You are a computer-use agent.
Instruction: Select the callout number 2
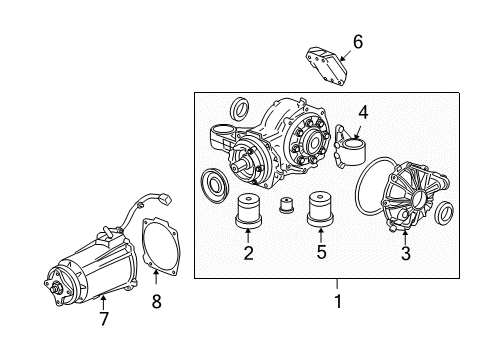(247, 253)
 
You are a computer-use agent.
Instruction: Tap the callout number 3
(404, 253)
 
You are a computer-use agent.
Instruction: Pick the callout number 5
(321, 253)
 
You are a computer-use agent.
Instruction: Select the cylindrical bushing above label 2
(246, 214)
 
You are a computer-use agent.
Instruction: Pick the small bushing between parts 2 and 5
(285, 207)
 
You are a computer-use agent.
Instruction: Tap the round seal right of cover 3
(446, 212)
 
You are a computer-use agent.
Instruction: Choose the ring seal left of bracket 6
(240, 106)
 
